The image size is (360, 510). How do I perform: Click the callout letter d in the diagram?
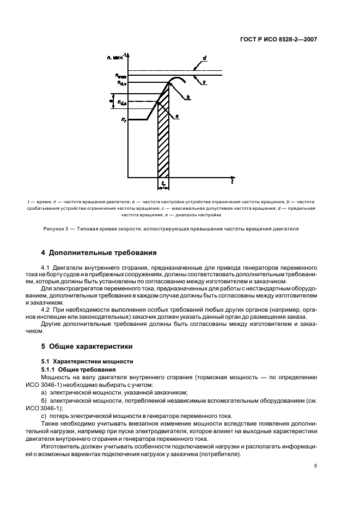(204, 58)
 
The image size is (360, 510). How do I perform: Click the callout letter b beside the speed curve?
(188, 97)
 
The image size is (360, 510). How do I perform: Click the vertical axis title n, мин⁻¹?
(117, 56)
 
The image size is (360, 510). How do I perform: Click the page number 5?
(316, 465)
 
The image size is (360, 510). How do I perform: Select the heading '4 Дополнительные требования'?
(99, 252)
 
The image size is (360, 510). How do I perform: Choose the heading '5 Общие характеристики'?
(87, 346)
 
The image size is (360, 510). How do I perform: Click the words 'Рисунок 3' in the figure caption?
(57, 228)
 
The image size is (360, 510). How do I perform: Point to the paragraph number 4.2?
(46, 309)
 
